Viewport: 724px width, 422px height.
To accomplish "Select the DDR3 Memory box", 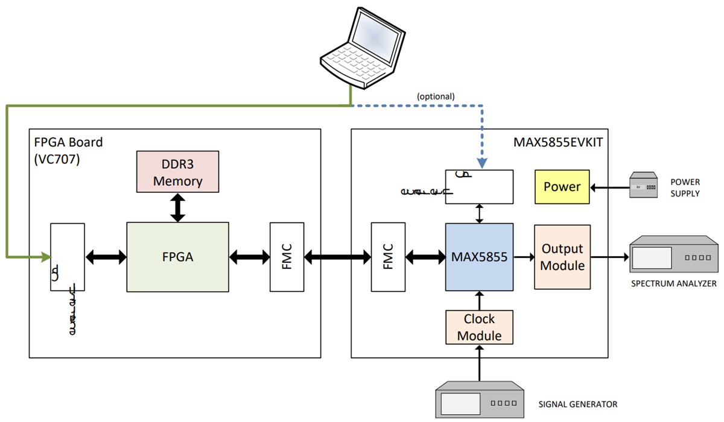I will click(x=177, y=171).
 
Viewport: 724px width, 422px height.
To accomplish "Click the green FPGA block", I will click(x=177, y=257).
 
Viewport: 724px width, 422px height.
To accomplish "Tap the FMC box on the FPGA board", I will click(x=287, y=257).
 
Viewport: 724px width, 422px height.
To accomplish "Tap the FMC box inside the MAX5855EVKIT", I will click(x=388, y=257).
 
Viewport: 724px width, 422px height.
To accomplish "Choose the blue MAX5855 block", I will click(x=479, y=257).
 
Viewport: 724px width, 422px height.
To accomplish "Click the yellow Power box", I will click(x=562, y=187).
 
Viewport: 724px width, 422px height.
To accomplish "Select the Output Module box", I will click(x=562, y=257).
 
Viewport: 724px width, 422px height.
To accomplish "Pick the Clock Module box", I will click(x=479, y=327).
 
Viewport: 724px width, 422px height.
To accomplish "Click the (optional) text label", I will click(x=436, y=96).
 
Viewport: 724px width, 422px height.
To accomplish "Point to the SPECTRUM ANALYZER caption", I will click(x=673, y=283).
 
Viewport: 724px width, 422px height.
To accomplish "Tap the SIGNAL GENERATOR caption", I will click(x=578, y=404).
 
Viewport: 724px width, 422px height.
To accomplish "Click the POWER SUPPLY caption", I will click(x=685, y=187).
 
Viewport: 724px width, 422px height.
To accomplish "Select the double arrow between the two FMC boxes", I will click(x=337, y=257).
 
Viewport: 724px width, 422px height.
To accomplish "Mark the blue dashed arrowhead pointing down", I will click(x=480, y=163).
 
